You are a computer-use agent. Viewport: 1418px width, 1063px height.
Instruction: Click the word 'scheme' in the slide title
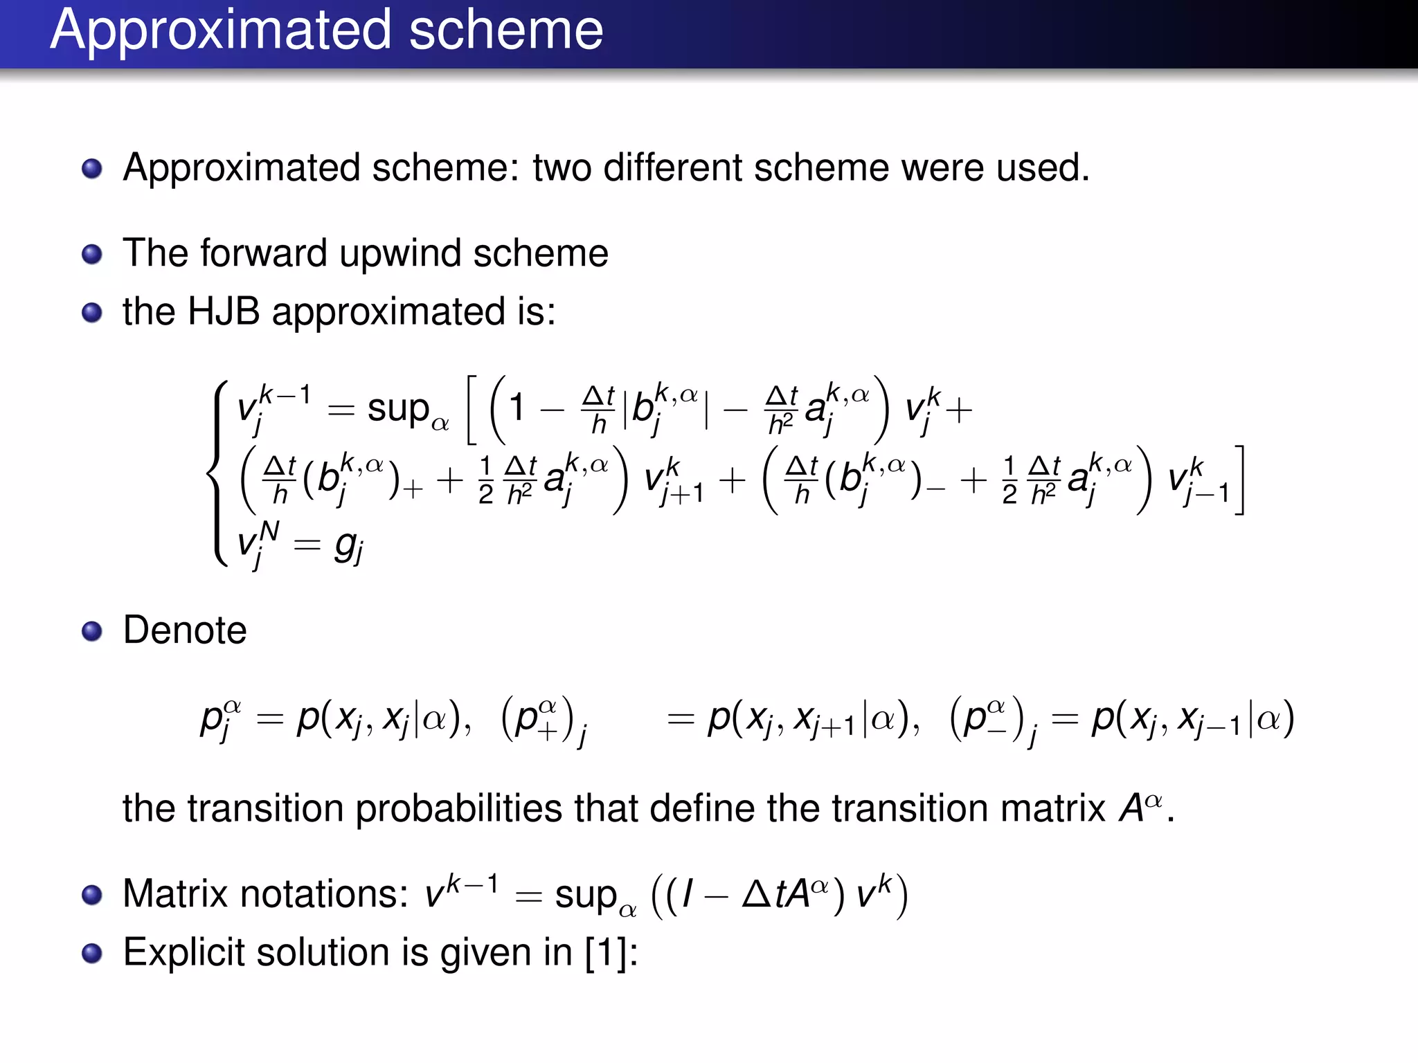505,30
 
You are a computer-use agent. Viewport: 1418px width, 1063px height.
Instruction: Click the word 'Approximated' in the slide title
222,30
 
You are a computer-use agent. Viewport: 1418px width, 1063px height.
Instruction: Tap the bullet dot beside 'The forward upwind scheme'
92,254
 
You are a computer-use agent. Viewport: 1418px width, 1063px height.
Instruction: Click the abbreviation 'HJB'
224,311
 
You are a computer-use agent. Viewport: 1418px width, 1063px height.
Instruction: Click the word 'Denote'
185,630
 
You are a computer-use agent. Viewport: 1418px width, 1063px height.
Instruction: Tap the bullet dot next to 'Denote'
92,631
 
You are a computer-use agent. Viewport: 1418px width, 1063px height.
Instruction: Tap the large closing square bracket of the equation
1239,480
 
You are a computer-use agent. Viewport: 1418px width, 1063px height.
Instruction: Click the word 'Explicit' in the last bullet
183,953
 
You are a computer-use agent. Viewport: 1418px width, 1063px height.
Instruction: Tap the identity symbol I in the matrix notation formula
688,894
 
